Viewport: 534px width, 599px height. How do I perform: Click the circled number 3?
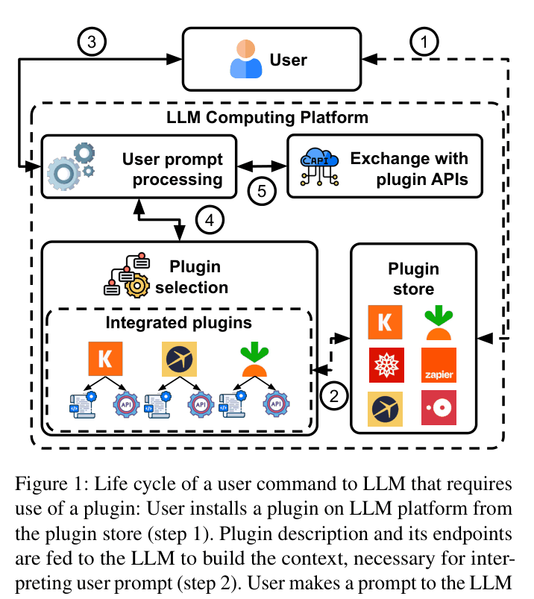(92, 42)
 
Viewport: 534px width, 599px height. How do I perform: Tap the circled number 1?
(424, 42)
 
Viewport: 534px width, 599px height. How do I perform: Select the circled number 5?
(262, 191)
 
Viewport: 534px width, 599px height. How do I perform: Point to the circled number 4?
(210, 220)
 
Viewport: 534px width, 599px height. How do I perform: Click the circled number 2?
(334, 396)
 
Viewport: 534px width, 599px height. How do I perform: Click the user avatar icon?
(246, 59)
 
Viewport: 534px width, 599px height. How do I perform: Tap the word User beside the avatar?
(289, 60)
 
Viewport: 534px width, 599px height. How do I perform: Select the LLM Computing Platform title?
(268, 117)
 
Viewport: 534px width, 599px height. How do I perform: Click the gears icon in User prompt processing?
(71, 166)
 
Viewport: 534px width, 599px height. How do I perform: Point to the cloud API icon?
(319, 167)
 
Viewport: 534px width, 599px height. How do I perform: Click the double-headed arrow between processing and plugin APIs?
(262, 166)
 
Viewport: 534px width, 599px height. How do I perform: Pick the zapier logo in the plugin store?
(439, 366)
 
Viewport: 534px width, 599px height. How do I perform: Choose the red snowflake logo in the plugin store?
(386, 366)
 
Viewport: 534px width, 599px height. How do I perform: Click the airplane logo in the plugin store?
(385, 409)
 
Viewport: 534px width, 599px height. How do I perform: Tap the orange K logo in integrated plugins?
(105, 359)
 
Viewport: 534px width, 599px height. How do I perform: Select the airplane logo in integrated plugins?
(180, 359)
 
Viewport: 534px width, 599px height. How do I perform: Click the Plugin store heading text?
(414, 279)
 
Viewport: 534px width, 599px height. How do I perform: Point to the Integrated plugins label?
(179, 323)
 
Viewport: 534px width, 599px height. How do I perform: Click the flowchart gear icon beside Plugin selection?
(128, 275)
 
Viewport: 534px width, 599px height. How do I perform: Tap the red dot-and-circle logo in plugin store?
(439, 407)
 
